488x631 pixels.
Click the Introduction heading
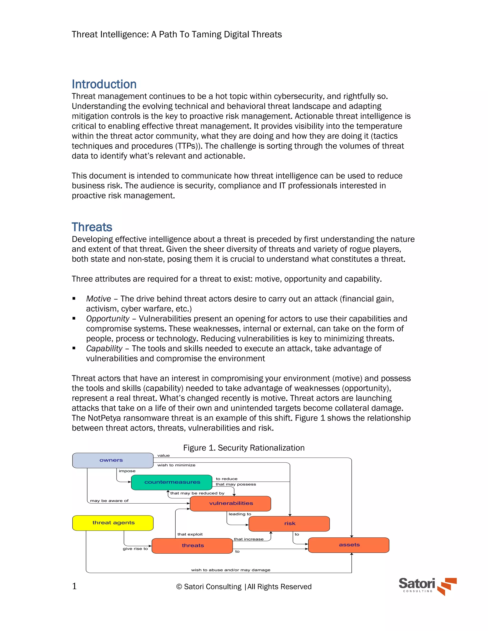pyautogui.click(x=104, y=84)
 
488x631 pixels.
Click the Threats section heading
pyautogui.click(x=92, y=227)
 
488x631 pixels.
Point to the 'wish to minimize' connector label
pyautogui.click(x=176, y=465)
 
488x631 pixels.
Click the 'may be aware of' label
pyautogui.click(x=109, y=501)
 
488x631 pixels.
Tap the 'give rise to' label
pyautogui.click(x=135, y=549)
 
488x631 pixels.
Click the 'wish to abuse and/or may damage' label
pyautogui.click(x=231, y=570)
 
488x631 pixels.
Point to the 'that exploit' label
pyautogui.click(x=190, y=534)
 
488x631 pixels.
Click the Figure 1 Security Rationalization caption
pyautogui.click(x=244, y=448)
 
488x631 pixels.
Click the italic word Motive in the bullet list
pyautogui.click(x=99, y=299)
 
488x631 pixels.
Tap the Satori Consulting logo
pyautogui.click(x=427, y=586)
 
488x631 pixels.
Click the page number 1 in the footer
pyautogui.click(x=74, y=586)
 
